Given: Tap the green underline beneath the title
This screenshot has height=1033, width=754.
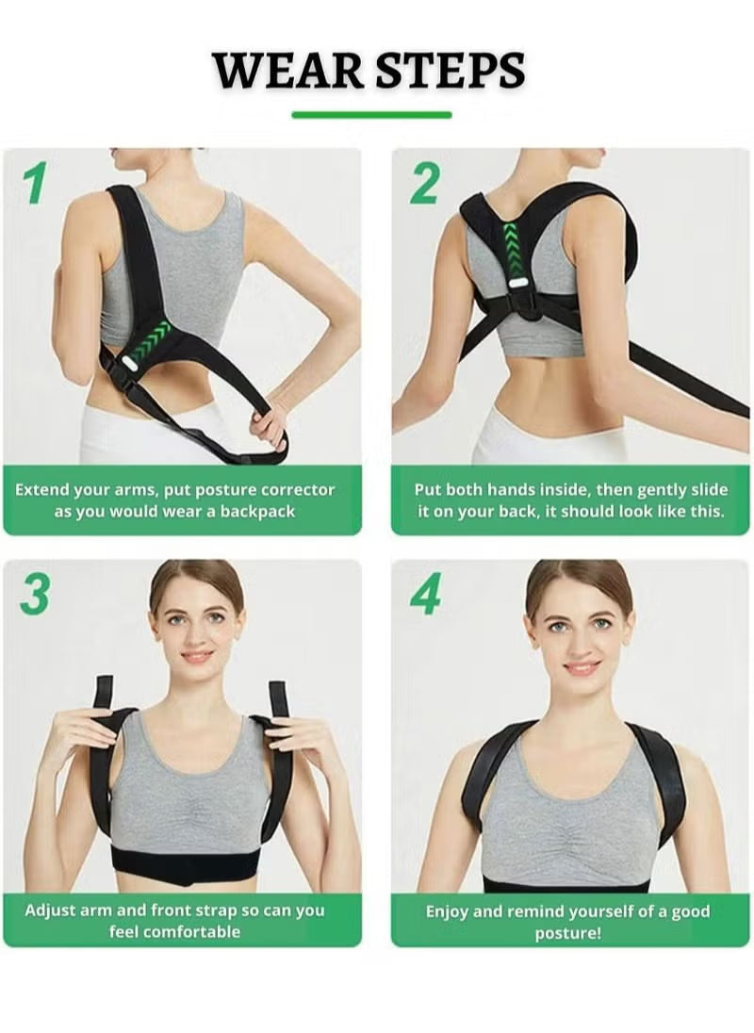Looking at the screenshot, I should point(371,115).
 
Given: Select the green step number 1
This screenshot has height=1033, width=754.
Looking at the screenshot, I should point(35,183).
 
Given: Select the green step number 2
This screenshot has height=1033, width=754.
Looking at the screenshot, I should point(423,183).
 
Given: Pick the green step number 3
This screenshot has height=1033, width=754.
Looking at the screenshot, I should point(35,595).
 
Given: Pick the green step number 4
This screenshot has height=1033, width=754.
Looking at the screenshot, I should point(425,595).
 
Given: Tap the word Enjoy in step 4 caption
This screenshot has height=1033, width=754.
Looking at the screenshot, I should point(448,911).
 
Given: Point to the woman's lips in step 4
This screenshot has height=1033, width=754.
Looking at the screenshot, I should point(582,667).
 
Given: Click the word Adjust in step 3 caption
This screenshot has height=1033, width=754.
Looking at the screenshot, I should point(49,910).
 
